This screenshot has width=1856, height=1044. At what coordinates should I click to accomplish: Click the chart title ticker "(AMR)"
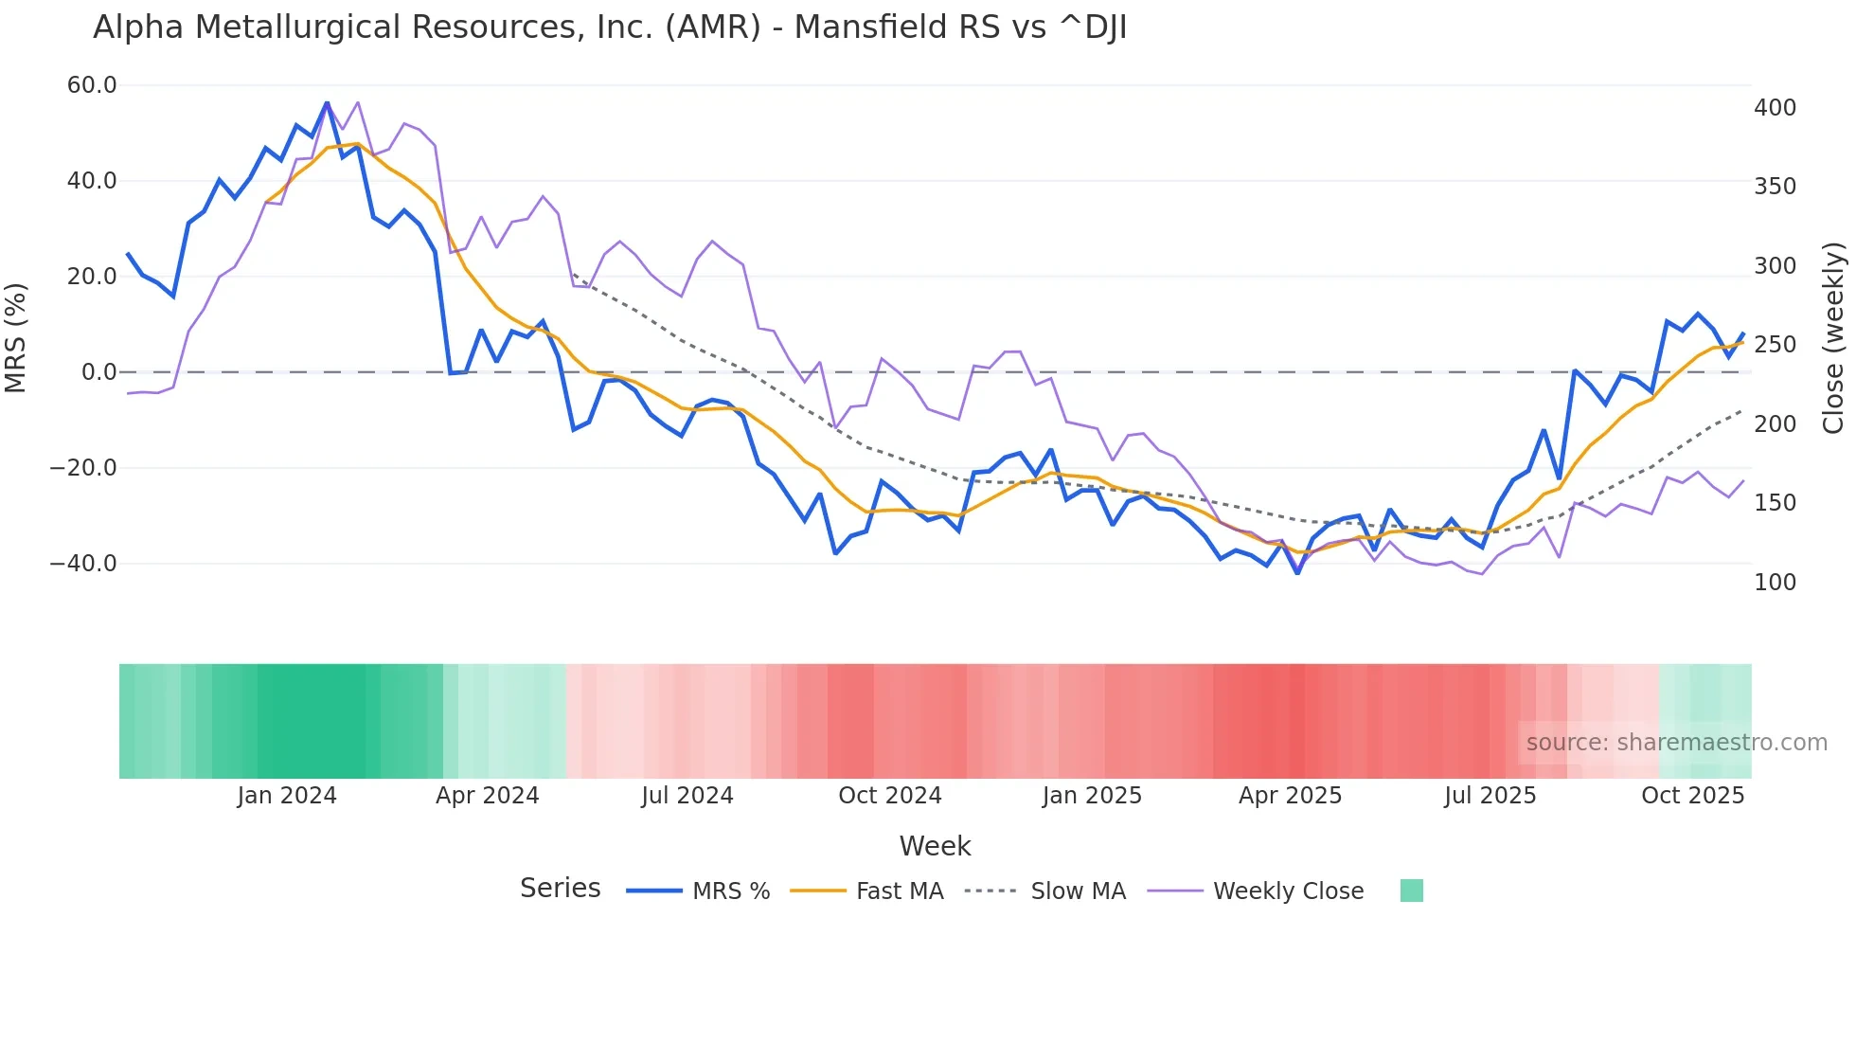click(712, 27)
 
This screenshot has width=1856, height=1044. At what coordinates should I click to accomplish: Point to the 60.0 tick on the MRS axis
click(92, 85)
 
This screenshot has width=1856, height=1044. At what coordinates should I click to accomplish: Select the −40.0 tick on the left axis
click(83, 564)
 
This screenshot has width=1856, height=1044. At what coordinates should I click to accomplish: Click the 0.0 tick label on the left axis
click(98, 372)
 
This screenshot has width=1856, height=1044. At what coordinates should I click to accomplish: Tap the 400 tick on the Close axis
click(1775, 108)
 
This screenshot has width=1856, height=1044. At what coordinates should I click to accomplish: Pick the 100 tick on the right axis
click(1775, 583)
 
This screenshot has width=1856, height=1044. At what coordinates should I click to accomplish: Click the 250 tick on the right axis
click(1775, 345)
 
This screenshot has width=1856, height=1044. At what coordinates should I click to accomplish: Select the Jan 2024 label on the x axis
click(287, 796)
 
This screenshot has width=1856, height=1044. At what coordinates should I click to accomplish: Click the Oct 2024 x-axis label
click(889, 796)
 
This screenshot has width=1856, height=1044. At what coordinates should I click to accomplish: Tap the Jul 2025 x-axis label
click(1490, 796)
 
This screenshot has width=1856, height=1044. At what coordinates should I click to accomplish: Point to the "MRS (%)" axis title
click(16, 337)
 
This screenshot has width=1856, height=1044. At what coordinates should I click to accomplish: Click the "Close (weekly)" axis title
click(1833, 338)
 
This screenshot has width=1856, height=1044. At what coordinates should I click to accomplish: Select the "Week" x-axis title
click(935, 846)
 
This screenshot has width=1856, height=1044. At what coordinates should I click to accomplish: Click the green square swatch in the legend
click(1411, 891)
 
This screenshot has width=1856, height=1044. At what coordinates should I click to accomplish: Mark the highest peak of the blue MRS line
click(327, 102)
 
